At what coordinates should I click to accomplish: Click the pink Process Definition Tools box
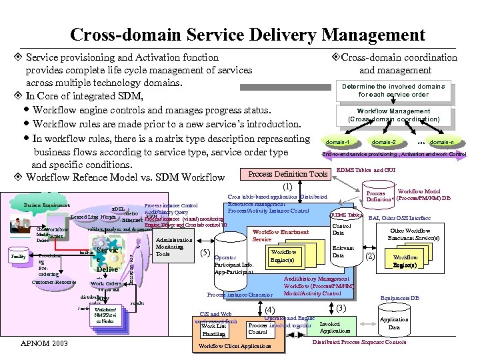click(288, 174)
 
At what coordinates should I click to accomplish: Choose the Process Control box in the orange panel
click(258, 329)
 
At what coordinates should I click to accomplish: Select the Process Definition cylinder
click(379, 196)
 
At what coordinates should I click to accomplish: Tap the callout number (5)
click(206, 253)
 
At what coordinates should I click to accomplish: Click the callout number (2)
click(371, 255)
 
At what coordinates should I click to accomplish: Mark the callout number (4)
click(270, 309)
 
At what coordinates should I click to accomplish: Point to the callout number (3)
click(340, 308)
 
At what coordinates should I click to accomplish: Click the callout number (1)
click(288, 187)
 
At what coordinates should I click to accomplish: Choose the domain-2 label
click(383, 143)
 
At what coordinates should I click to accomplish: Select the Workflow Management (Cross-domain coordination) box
click(393, 115)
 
